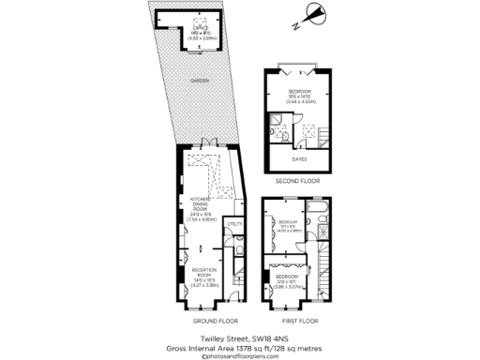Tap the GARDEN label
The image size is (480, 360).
click(199, 82)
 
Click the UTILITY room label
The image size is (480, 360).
click(233, 224)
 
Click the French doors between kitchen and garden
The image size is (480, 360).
click(204, 147)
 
